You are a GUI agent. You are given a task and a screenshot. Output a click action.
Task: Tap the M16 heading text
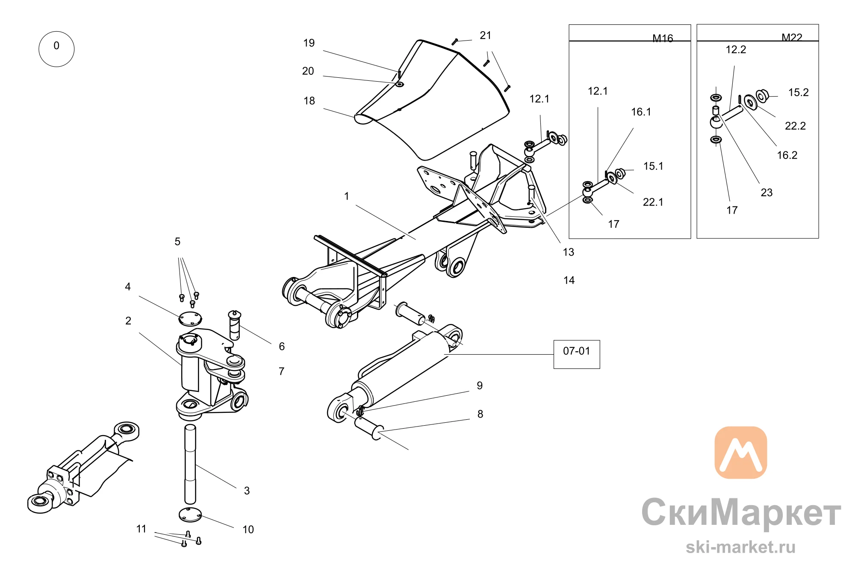tap(663, 38)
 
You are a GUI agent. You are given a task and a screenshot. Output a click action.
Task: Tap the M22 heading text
tap(792, 38)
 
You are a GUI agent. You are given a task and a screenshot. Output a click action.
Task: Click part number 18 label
tap(309, 101)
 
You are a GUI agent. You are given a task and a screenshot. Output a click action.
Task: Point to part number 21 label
tap(486, 35)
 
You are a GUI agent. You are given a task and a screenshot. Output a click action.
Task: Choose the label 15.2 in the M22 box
tap(799, 92)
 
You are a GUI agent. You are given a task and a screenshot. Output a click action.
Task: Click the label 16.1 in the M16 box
tap(641, 112)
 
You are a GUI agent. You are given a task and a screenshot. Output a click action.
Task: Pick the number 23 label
tap(767, 193)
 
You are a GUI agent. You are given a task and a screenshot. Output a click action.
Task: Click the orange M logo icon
tap(741, 452)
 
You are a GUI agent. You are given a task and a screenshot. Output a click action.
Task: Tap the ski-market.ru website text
tap(741, 547)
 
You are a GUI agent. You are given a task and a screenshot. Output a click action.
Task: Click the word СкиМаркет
tap(741, 513)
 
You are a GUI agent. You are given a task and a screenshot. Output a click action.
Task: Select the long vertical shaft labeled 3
tap(190, 464)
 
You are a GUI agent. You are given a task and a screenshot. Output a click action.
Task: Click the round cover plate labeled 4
tap(190, 319)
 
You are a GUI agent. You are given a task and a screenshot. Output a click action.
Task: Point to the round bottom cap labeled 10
tap(190, 515)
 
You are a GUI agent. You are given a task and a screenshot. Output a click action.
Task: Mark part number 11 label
tap(141, 529)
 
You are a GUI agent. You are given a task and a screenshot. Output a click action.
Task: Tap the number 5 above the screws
tap(177, 242)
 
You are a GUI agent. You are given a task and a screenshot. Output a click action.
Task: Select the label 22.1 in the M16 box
tap(653, 202)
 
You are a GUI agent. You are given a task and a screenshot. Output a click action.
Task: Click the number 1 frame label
tap(347, 196)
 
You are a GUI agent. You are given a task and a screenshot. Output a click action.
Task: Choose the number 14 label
tap(569, 280)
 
